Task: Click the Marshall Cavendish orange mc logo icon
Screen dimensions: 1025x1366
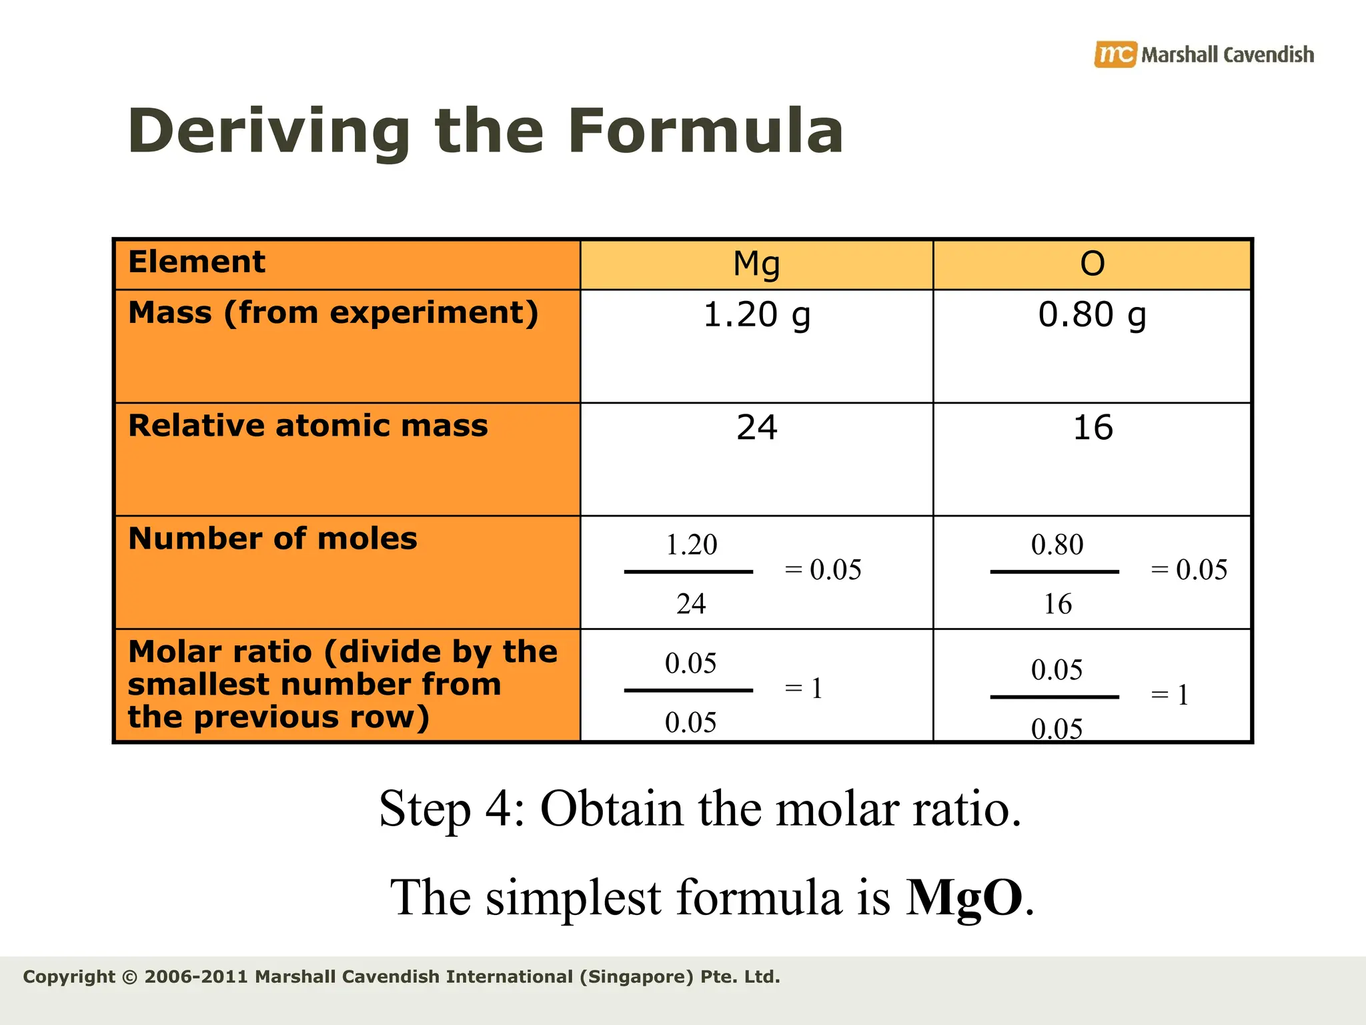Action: pyautogui.click(x=1115, y=54)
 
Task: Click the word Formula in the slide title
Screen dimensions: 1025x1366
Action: pyautogui.click(x=706, y=131)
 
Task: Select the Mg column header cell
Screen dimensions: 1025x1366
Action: pyautogui.click(x=756, y=264)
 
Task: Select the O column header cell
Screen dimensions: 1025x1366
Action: pyautogui.click(x=1092, y=264)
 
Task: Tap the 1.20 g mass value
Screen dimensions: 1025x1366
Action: pyautogui.click(x=756, y=314)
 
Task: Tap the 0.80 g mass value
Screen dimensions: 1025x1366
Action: pyautogui.click(x=1092, y=314)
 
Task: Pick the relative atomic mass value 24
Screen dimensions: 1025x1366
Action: pyautogui.click(x=756, y=427)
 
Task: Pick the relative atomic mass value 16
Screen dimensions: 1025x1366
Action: pyautogui.click(x=1093, y=427)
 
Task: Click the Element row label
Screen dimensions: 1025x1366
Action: pyautogui.click(x=197, y=262)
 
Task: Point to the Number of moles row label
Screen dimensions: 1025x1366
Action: pyautogui.click(x=272, y=539)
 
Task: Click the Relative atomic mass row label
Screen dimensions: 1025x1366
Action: pyautogui.click(x=307, y=426)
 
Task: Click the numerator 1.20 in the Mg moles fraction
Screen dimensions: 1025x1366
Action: pyautogui.click(x=691, y=545)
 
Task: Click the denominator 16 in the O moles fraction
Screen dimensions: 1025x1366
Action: pyautogui.click(x=1057, y=604)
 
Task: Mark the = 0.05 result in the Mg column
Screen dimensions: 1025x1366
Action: pyautogui.click(x=823, y=570)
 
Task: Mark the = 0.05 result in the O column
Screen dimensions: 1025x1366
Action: pyautogui.click(x=1189, y=570)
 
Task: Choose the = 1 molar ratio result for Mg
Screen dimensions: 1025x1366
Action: pyautogui.click(x=804, y=689)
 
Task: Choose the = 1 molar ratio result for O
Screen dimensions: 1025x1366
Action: pyautogui.click(x=1170, y=695)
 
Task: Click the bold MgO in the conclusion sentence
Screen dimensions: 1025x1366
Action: pyautogui.click(x=964, y=898)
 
